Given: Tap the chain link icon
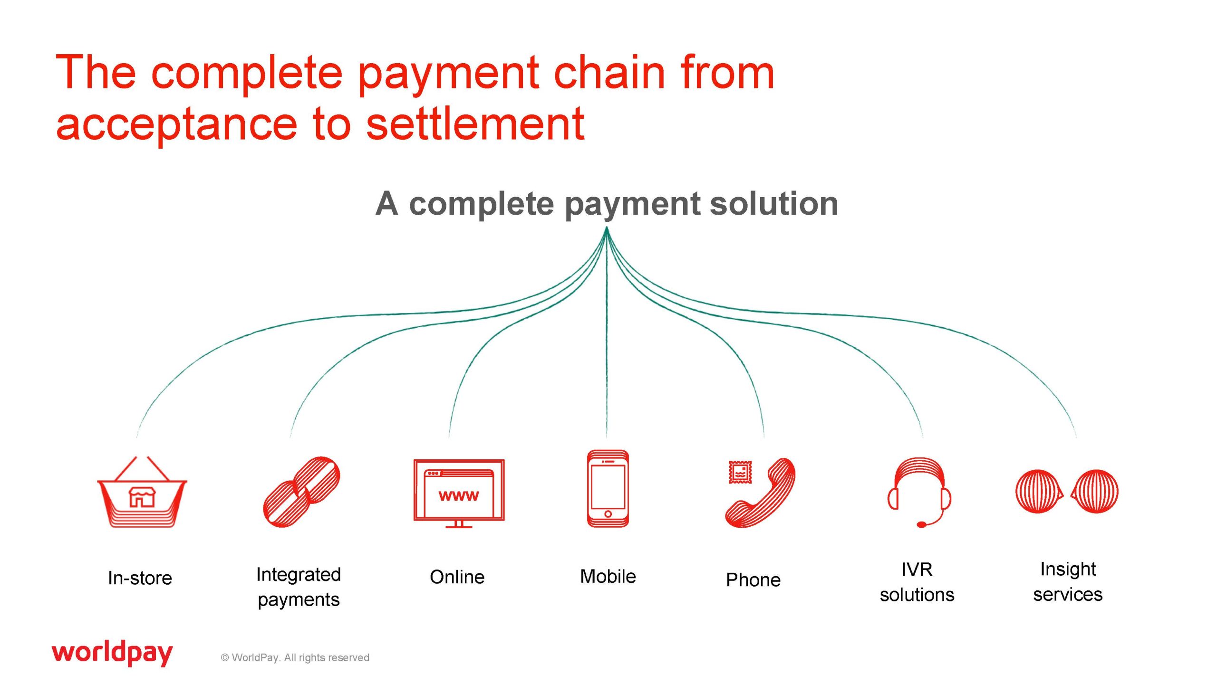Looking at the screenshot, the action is (x=301, y=492).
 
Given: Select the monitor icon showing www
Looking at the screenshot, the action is (x=459, y=494).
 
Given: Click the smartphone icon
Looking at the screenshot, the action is (x=608, y=488).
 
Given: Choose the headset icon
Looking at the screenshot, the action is (x=919, y=492).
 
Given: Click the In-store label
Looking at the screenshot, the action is (x=140, y=578).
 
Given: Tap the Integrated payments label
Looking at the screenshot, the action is (x=299, y=587).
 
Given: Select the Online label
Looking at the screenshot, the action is (x=457, y=577).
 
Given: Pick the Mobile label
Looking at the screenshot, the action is (x=608, y=576).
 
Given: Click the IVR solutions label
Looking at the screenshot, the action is (x=917, y=582).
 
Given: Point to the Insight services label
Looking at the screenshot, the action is (x=1068, y=582).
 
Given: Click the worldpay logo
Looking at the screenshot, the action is (x=112, y=653).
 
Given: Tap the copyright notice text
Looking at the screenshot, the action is (x=295, y=657).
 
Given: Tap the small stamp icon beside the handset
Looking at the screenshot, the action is (x=740, y=472).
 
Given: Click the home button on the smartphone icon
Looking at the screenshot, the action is (x=608, y=514).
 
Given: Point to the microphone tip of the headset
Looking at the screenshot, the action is (x=921, y=524).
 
